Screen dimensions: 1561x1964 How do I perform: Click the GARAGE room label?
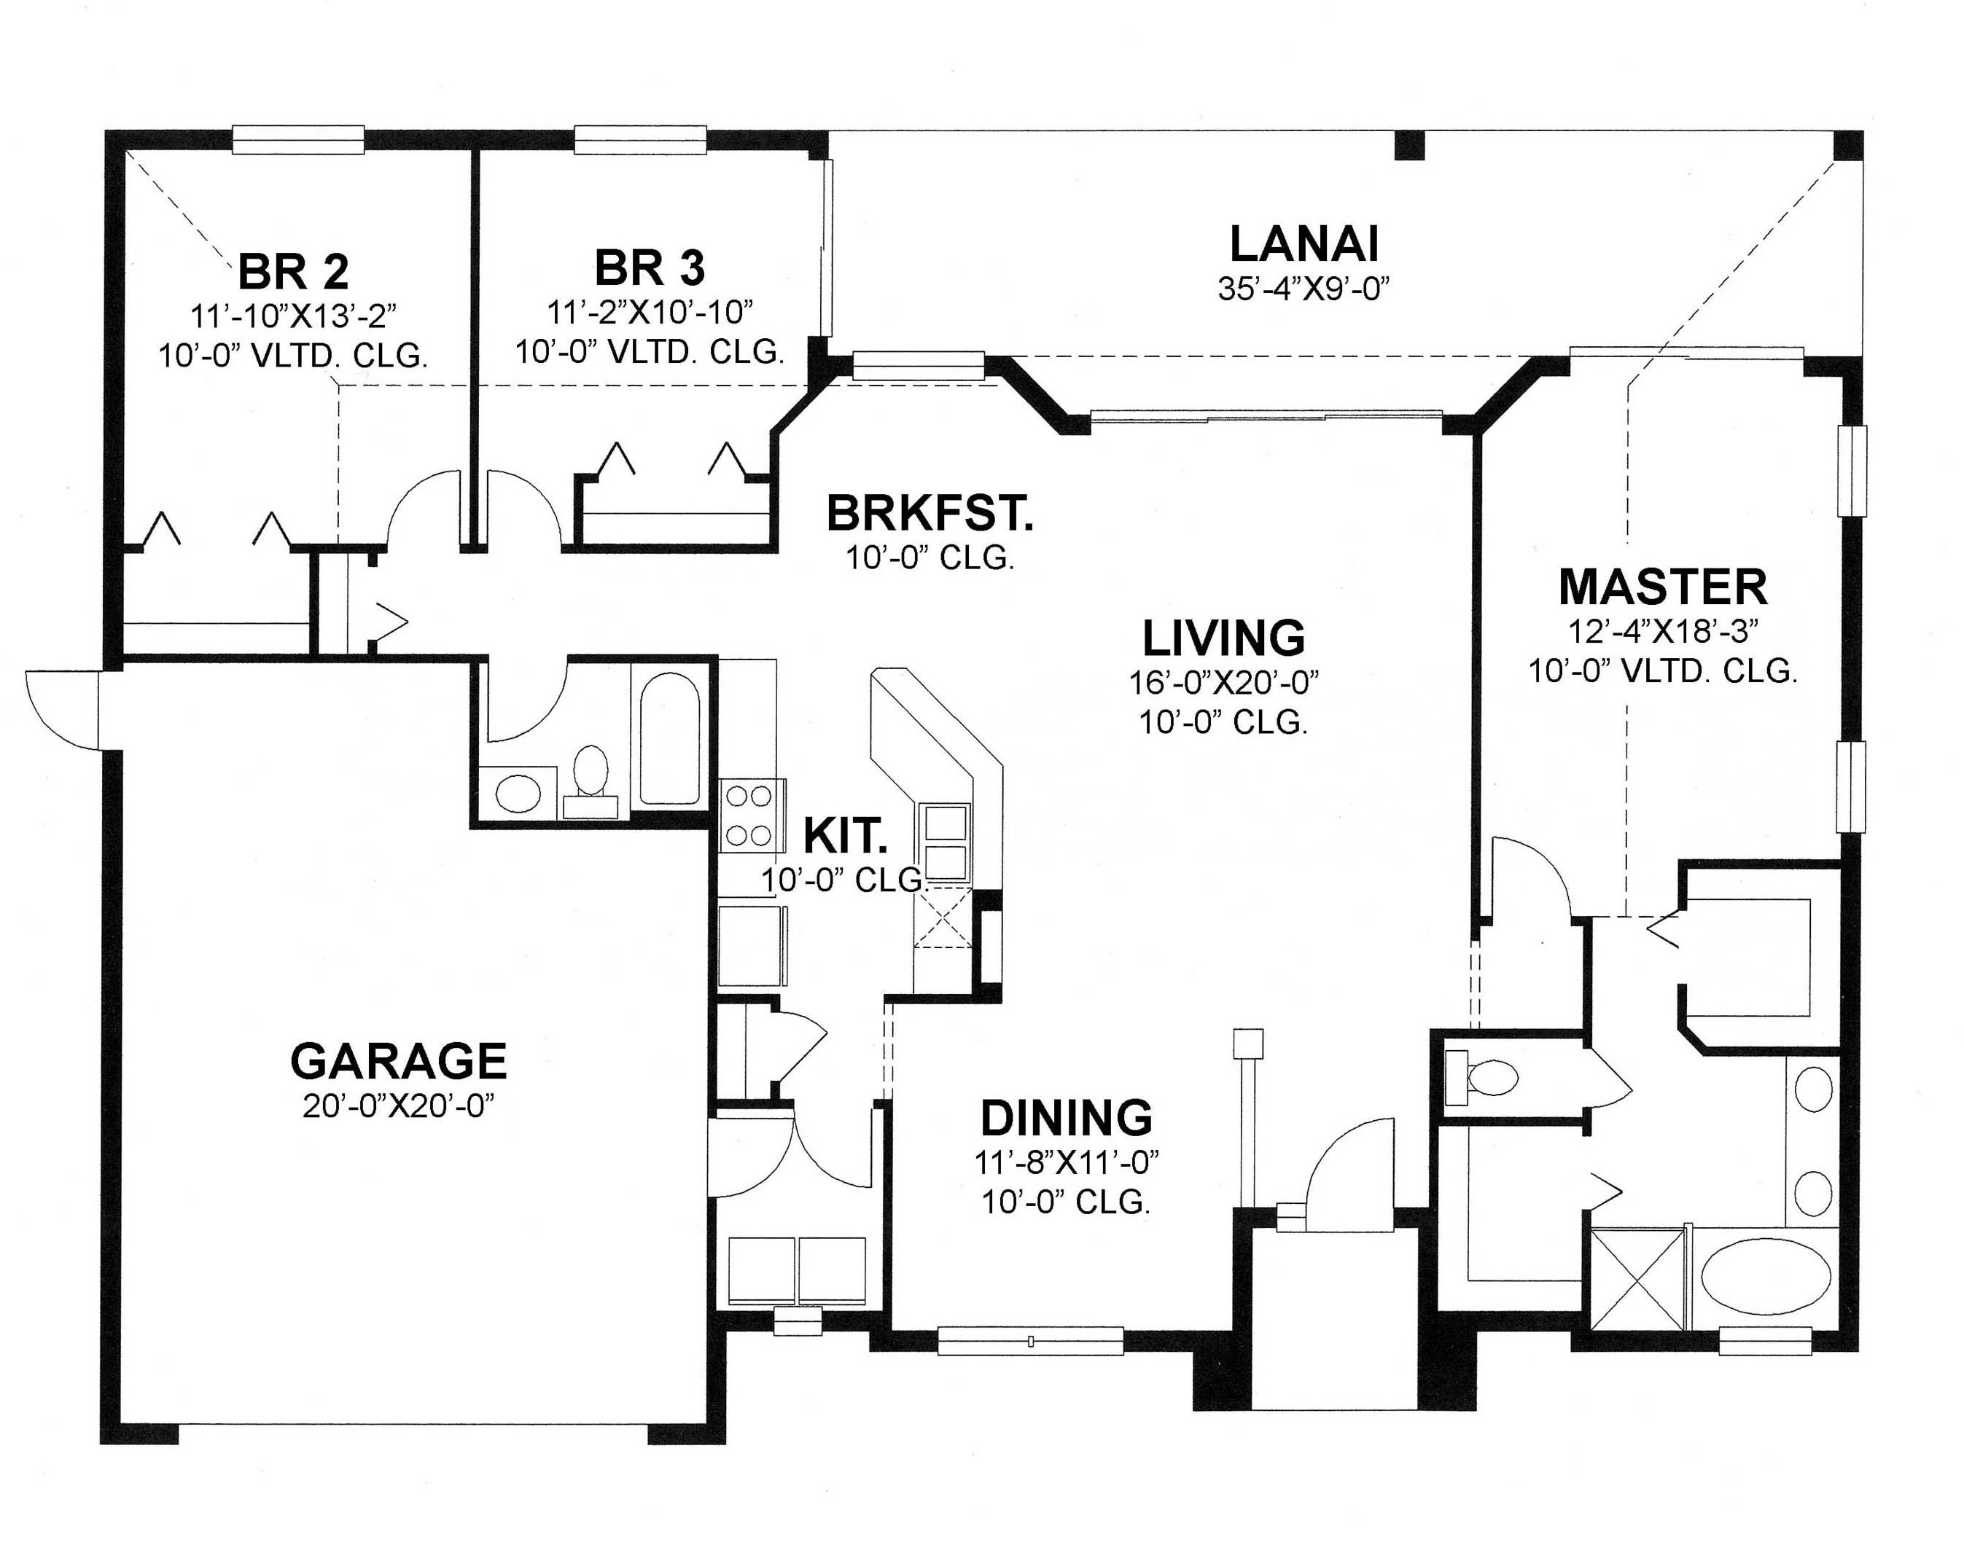point(398,1060)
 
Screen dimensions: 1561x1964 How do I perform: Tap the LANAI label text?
point(1304,244)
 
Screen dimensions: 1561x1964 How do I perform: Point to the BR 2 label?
point(292,270)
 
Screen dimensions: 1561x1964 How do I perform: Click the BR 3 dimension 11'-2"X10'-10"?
point(650,313)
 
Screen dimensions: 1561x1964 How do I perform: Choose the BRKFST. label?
point(930,514)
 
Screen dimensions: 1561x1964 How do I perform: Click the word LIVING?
point(1223,638)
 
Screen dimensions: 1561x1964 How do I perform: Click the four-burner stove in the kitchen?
point(748,815)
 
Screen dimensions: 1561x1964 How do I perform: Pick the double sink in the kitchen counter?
point(946,842)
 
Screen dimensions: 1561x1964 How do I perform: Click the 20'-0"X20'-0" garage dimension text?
point(398,1106)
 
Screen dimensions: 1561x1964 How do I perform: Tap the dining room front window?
point(1030,1341)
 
